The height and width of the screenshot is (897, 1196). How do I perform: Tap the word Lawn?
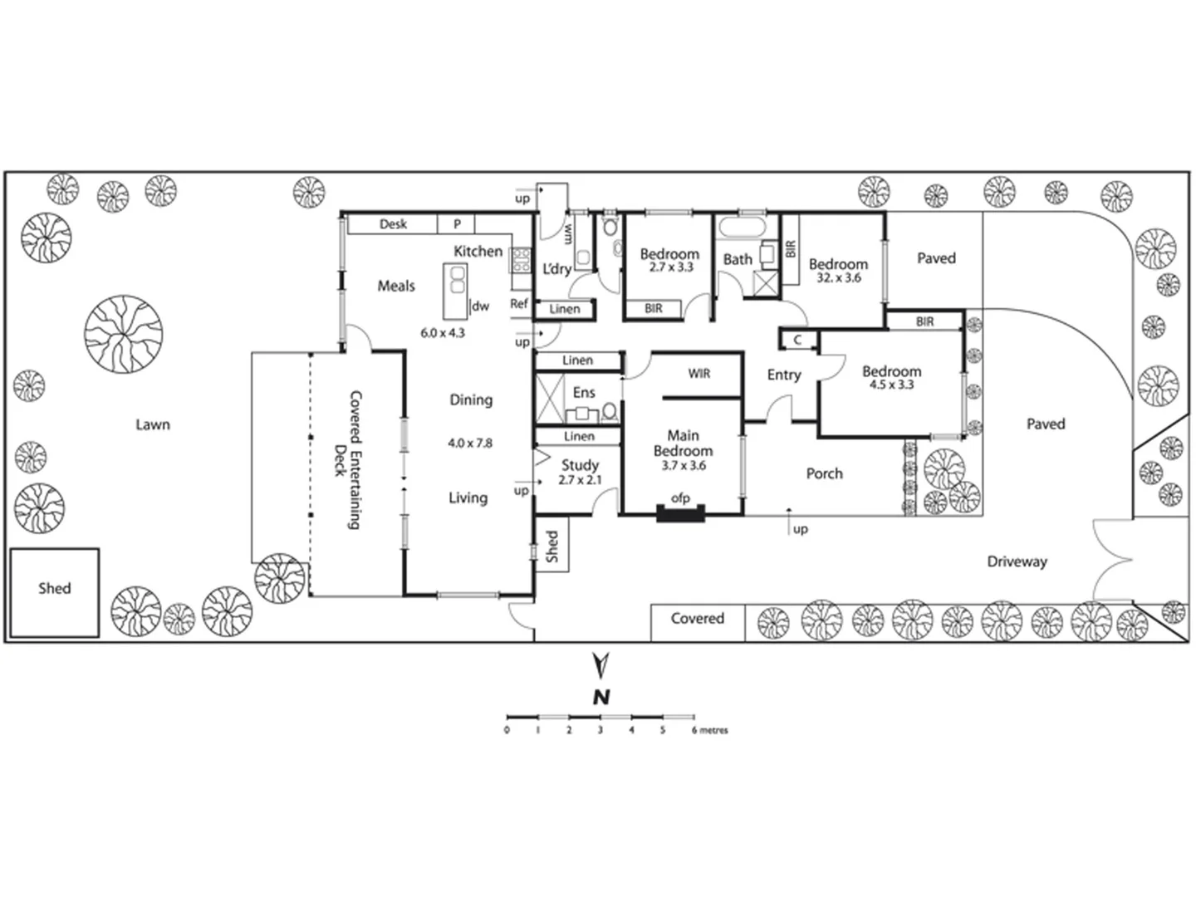click(153, 424)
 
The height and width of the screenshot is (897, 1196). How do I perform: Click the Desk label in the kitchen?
click(393, 224)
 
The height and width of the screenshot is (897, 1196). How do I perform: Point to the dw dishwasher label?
click(480, 306)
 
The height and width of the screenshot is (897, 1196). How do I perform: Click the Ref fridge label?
click(519, 304)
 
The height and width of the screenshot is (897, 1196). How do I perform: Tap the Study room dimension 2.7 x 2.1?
click(579, 480)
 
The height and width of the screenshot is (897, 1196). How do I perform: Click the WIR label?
click(699, 374)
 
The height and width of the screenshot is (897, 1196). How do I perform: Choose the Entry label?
click(783, 375)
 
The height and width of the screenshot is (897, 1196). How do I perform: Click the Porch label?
click(824, 473)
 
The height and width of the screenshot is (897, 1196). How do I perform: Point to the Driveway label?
click(1017, 561)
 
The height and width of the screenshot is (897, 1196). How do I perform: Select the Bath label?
click(737, 260)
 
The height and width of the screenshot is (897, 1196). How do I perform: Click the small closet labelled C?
click(797, 340)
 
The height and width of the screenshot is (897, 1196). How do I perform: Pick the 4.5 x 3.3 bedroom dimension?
click(891, 385)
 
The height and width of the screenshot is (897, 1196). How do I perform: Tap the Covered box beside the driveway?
click(697, 619)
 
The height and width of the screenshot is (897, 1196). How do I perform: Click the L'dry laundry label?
click(556, 269)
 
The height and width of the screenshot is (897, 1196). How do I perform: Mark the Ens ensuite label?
click(584, 393)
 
